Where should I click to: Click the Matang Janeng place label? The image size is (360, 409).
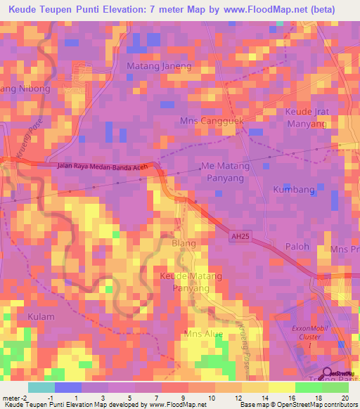(x=158, y=66)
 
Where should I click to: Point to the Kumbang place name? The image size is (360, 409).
(x=292, y=190)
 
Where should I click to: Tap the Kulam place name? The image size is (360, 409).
(x=41, y=317)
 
